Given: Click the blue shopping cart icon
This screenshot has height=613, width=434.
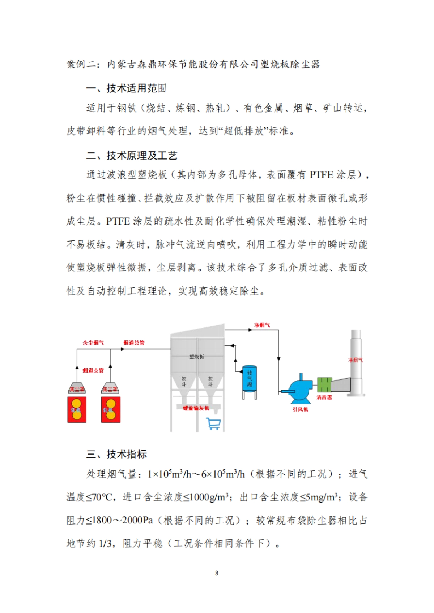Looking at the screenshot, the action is [x=213, y=423].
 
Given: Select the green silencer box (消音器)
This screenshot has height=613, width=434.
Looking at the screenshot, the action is [x=324, y=384].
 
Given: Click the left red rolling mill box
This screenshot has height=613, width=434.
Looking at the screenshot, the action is [x=77, y=410].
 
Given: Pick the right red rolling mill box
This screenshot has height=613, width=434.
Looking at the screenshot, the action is [x=111, y=410].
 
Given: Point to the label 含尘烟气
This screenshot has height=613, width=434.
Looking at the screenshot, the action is [x=93, y=343].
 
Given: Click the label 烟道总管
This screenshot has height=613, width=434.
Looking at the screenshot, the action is [x=134, y=343].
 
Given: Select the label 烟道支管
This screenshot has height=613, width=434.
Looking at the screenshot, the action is [x=93, y=370].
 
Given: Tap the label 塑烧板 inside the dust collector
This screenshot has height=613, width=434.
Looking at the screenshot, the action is [x=197, y=357].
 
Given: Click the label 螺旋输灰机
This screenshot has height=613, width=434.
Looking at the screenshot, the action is [x=196, y=408].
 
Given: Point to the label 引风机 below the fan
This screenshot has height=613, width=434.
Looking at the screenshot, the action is [x=300, y=409].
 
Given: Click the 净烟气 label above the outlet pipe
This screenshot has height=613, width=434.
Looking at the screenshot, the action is [x=262, y=325].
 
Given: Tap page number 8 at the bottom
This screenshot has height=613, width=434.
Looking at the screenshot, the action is [x=217, y=573].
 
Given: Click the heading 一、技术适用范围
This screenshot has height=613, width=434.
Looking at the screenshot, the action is [x=126, y=88].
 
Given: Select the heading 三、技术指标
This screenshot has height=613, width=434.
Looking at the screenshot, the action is [x=116, y=454].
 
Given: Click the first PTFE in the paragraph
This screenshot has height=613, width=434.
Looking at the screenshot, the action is [x=321, y=175].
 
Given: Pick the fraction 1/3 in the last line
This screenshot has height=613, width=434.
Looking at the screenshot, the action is [x=105, y=543].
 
